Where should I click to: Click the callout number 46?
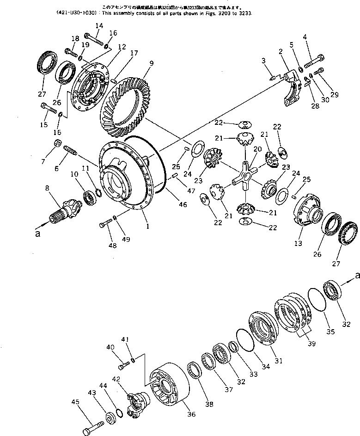point(183,204)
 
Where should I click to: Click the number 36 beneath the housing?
point(191,414)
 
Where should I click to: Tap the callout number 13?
point(299,243)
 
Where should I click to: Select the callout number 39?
point(311,344)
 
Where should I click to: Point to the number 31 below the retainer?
point(278,360)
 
